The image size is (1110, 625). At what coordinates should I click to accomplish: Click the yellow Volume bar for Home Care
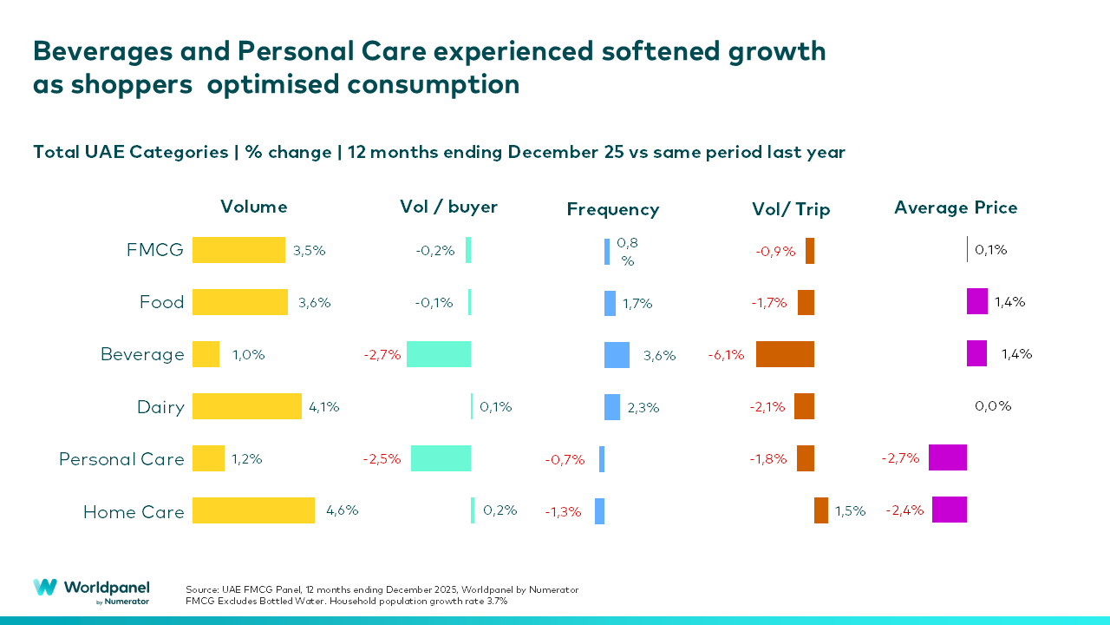tap(253, 510)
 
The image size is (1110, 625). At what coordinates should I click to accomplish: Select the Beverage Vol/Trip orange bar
tap(785, 354)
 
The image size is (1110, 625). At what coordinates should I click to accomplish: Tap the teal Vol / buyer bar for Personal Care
tap(441, 458)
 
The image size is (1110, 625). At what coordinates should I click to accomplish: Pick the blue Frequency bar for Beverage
tap(617, 354)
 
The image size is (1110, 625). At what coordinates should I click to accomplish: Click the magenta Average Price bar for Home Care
tap(949, 510)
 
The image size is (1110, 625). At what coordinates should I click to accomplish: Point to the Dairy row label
tap(160, 407)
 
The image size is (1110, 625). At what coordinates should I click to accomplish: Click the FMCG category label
tap(155, 251)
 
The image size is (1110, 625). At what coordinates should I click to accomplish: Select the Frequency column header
tap(613, 209)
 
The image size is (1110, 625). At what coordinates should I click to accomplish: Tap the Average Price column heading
tap(956, 207)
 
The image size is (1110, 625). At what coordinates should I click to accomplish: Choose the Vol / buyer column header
tap(448, 207)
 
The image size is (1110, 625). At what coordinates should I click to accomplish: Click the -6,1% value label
tap(726, 355)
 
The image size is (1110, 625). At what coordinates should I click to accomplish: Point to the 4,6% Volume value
tap(342, 510)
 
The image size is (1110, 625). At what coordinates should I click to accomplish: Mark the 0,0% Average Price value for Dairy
tap(993, 406)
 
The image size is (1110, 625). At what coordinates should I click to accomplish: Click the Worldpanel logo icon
tap(45, 588)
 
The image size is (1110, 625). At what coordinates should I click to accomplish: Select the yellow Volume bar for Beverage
tap(206, 354)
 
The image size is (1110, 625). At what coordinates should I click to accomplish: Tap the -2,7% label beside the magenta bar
tap(900, 458)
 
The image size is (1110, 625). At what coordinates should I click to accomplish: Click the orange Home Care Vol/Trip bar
tap(821, 510)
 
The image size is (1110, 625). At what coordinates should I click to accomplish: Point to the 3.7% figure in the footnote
tap(496, 601)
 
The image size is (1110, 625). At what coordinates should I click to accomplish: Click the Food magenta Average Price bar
tap(977, 302)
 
